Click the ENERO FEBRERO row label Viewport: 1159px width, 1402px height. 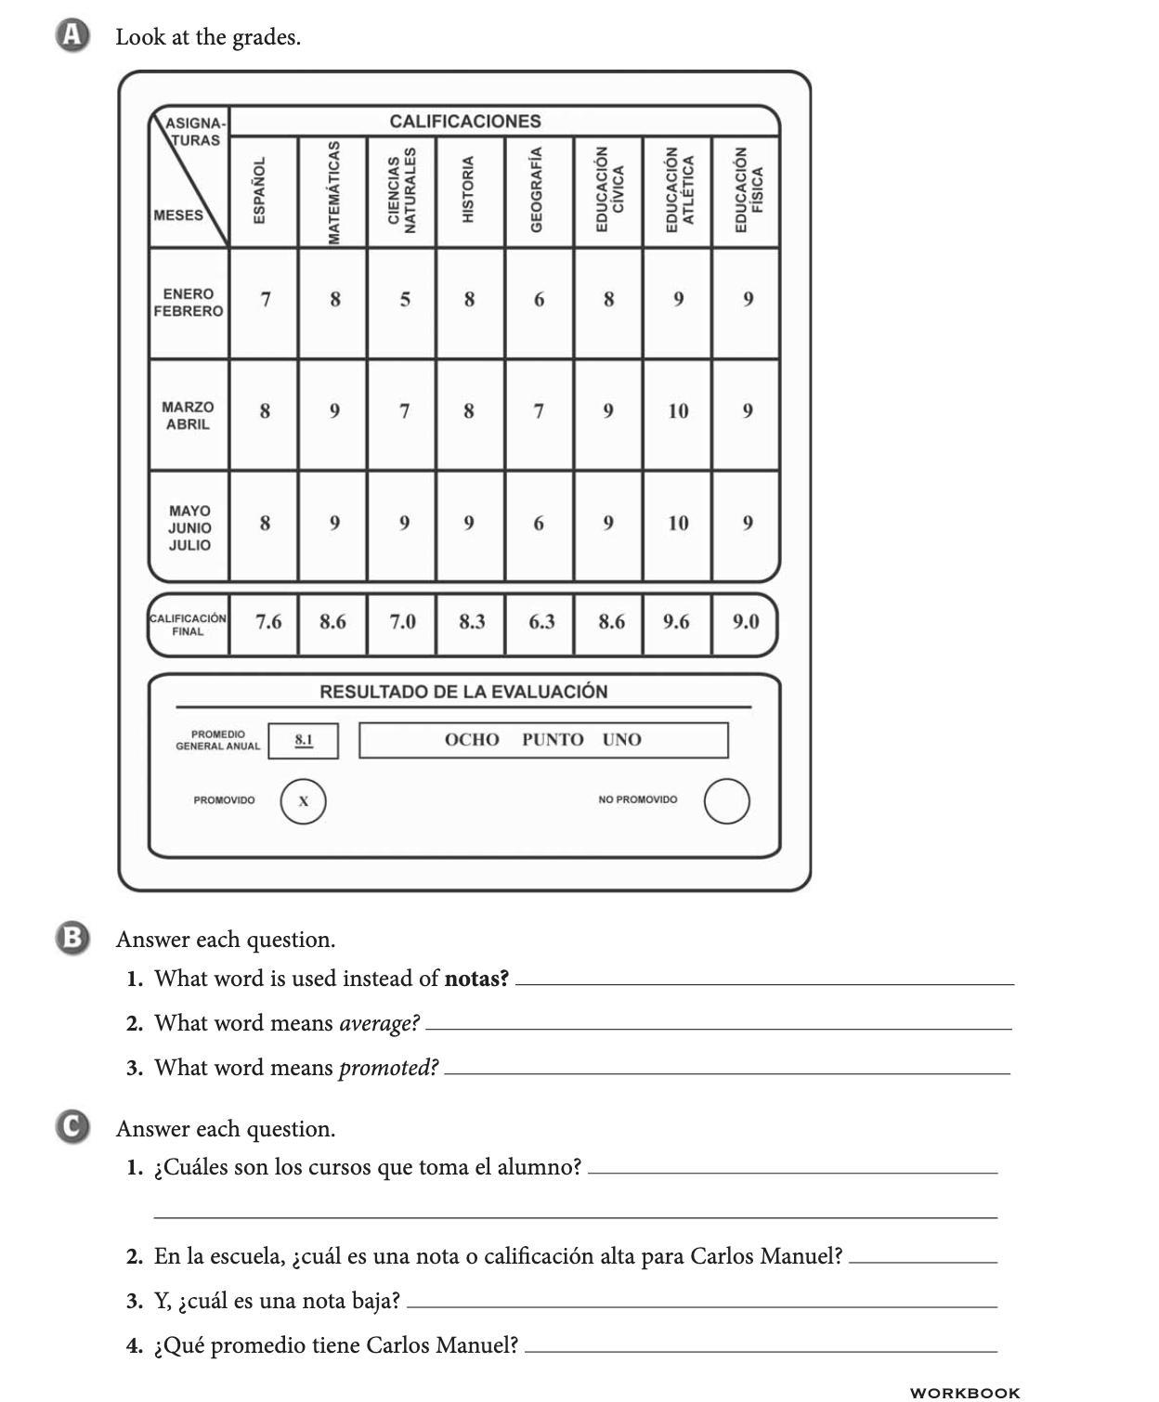189,303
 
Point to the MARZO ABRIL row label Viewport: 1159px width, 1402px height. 188,415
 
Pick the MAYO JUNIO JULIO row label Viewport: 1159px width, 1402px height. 189,527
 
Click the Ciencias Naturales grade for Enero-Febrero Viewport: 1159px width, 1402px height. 404,300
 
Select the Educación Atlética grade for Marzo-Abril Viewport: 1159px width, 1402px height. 678,411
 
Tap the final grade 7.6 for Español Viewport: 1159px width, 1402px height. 268,622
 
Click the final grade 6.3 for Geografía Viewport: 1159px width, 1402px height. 541,622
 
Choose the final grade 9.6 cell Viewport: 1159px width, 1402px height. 676,622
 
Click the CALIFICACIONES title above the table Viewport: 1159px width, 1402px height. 465,122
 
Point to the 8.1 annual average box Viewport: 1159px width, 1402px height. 304,740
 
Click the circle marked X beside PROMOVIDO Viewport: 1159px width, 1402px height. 304,801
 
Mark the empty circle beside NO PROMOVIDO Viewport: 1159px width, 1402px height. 726,801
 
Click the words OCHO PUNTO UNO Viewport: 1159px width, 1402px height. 543,740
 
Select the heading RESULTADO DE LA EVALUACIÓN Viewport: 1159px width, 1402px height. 463,692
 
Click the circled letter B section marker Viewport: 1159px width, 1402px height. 72,938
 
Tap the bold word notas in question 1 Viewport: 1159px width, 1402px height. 476,979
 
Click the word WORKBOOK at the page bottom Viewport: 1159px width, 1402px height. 965,1392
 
